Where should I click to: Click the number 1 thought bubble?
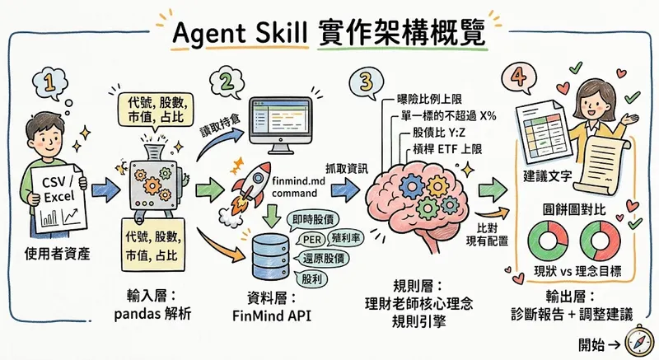pyautogui.click(x=49, y=83)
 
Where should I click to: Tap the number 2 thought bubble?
pyautogui.click(x=227, y=81)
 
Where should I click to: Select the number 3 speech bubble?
pyautogui.click(x=367, y=82)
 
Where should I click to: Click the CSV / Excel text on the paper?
pyautogui.click(x=58, y=189)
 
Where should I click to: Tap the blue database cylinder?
pyautogui.click(x=270, y=257)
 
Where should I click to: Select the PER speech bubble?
pyautogui.click(x=312, y=240)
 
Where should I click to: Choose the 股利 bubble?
pyautogui.click(x=311, y=279)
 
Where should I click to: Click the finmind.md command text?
pyautogui.click(x=296, y=187)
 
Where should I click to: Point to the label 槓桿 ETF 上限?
pyautogui.click(x=447, y=149)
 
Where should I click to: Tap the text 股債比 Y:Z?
pyautogui.click(x=439, y=133)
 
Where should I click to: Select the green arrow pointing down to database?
pyautogui.click(x=272, y=216)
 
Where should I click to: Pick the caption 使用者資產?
pyautogui.click(x=57, y=254)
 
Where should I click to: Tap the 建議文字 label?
pyautogui.click(x=547, y=175)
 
